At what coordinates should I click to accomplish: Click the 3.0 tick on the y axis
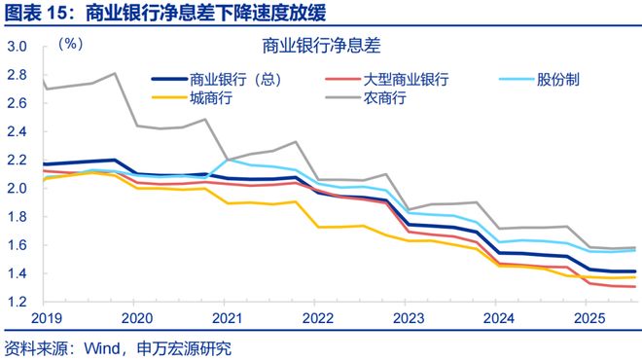(17, 47)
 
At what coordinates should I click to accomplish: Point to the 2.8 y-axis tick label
(17, 75)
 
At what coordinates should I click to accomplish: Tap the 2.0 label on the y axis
(17, 189)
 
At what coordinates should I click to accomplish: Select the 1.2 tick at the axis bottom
(17, 303)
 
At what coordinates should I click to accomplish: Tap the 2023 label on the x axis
(408, 319)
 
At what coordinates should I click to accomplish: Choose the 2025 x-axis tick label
(588, 319)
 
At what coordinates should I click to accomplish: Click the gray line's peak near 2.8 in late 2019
(115, 73)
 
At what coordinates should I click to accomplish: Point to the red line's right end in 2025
(635, 287)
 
